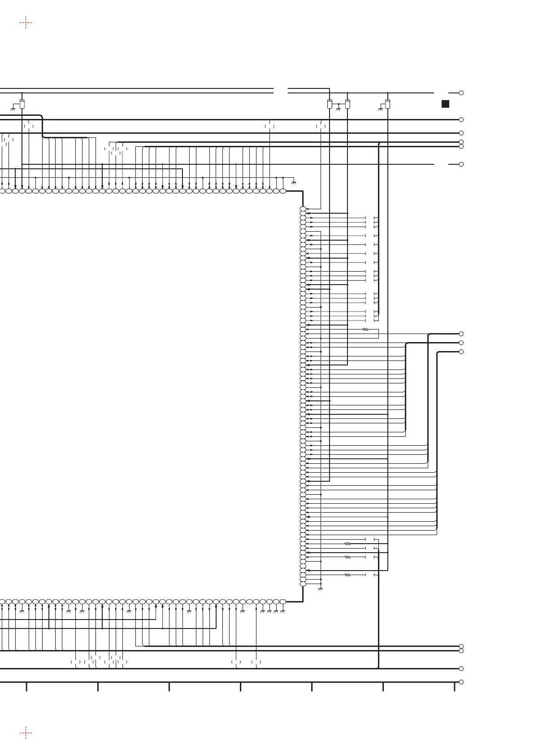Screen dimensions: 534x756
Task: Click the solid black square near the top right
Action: click(x=445, y=104)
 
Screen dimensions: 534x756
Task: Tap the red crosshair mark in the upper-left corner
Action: click(x=26, y=22)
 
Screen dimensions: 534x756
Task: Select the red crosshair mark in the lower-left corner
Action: click(x=26, y=733)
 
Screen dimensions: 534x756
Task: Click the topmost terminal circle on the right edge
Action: click(x=461, y=93)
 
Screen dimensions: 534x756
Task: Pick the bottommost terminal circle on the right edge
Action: click(x=461, y=682)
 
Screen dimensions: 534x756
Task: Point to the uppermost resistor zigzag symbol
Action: click(x=365, y=330)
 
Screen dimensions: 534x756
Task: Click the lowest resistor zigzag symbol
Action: click(x=347, y=575)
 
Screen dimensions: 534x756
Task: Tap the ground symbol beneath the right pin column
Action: click(x=320, y=589)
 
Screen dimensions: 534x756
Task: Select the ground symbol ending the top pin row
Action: click(x=294, y=183)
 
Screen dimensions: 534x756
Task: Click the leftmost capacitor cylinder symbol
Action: click(x=22, y=104)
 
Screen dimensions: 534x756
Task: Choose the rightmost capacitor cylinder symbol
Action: click(x=388, y=104)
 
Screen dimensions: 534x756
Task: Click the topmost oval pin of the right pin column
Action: click(x=303, y=209)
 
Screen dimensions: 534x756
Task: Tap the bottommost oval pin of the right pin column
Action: click(x=303, y=584)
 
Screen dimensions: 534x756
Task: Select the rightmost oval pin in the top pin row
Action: click(x=282, y=191)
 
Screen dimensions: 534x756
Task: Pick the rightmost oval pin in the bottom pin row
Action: click(x=282, y=602)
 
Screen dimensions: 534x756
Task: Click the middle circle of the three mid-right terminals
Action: click(x=461, y=343)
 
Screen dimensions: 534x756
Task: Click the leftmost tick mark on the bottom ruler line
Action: click(x=26, y=686)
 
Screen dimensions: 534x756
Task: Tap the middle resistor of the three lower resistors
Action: click(x=347, y=557)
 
